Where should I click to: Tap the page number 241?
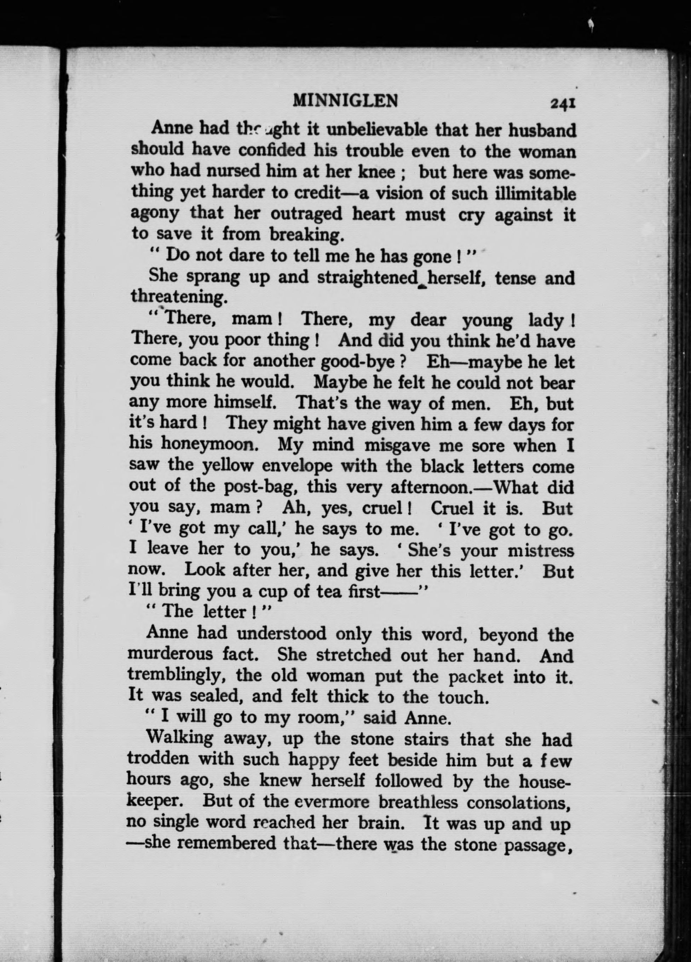coord(563,103)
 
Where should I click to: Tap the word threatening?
coord(177,297)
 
